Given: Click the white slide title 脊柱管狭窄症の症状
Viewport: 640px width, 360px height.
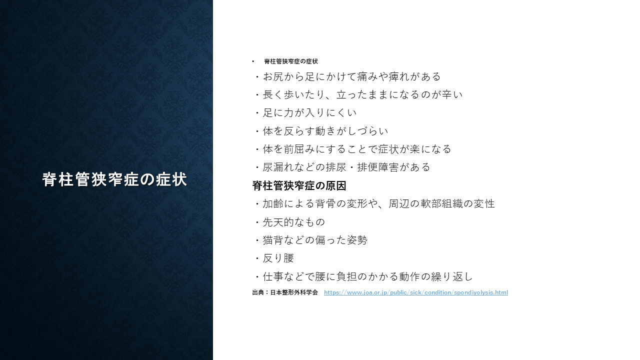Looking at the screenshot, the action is point(114,179).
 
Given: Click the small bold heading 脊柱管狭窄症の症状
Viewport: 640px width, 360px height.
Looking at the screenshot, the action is point(291,61).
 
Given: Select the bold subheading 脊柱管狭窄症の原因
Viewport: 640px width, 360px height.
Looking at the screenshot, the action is point(299,185).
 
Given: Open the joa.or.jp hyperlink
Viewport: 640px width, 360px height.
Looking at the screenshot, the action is point(416,292).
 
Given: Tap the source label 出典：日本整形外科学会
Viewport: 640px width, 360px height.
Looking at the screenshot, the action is point(285,292).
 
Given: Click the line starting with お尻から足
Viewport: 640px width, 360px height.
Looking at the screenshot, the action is point(347,76).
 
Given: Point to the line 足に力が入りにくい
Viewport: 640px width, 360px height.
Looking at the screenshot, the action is point(305,113).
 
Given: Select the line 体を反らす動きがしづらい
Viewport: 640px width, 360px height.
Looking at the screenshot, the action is point(321,131).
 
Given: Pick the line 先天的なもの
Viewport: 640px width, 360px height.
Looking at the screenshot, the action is point(290,222).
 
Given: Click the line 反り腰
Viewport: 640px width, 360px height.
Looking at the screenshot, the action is point(274,258).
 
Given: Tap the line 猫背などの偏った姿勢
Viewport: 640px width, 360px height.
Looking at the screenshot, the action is point(311,240).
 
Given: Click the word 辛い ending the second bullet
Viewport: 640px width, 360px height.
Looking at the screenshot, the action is point(452,94).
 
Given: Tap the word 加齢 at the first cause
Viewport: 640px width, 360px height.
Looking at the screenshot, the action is point(273,203).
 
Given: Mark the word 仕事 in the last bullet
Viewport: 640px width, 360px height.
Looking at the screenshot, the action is point(273,276).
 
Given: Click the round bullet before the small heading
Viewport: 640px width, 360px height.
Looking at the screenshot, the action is point(253,61).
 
